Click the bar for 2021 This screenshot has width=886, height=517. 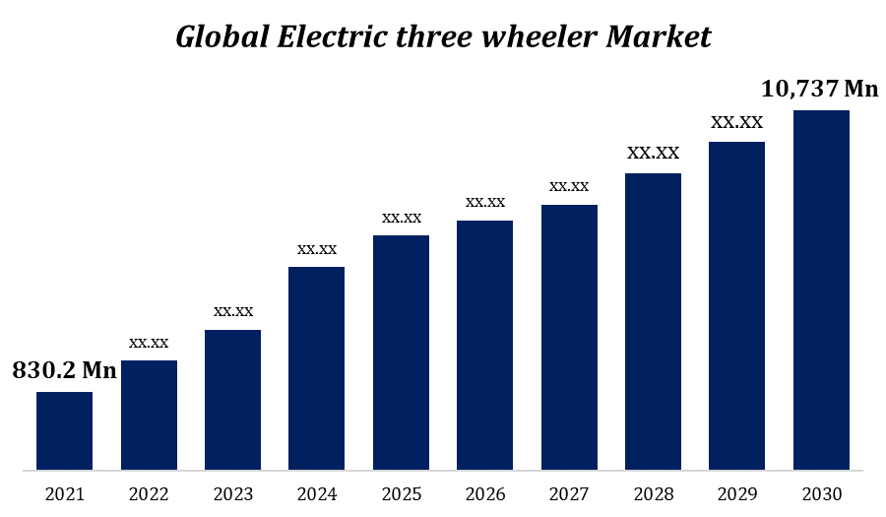click(x=64, y=430)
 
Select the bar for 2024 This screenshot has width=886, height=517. click(x=316, y=367)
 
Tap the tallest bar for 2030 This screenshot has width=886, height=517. click(x=821, y=290)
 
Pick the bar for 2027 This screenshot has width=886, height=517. click(x=569, y=337)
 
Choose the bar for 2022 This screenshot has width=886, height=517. click(x=149, y=415)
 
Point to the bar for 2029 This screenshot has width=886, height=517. click(x=736, y=305)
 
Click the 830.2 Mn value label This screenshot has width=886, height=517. click(x=64, y=371)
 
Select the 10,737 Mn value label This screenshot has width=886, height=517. click(x=819, y=89)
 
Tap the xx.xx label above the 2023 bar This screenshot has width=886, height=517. click(x=233, y=311)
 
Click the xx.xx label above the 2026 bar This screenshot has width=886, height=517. click(x=485, y=202)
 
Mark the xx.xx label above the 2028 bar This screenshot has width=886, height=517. click(x=654, y=153)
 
